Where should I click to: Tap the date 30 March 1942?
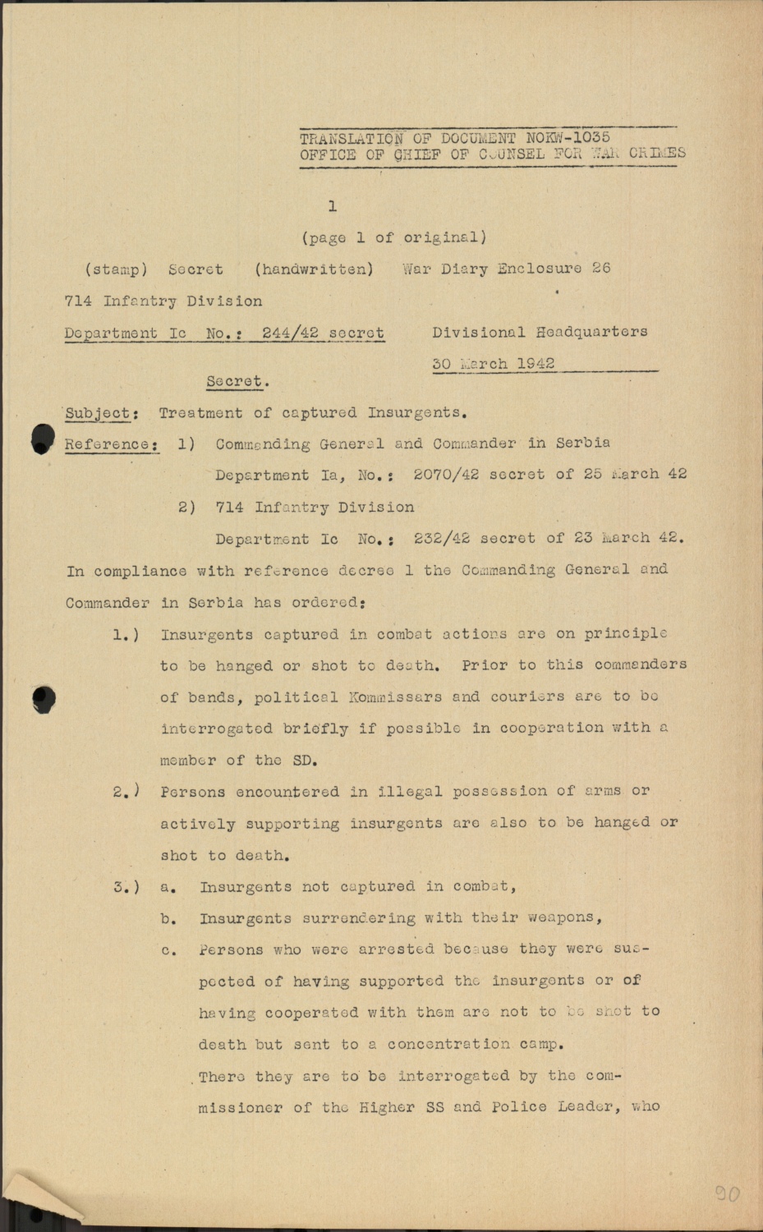point(494,363)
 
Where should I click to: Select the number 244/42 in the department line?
point(290,333)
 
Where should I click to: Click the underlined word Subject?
point(97,413)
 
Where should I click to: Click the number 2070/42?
point(446,474)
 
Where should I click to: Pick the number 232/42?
point(442,539)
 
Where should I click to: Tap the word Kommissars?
point(393,696)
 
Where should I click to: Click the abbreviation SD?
point(303,760)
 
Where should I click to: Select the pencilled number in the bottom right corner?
point(727,1193)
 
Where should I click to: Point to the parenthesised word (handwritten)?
point(314,269)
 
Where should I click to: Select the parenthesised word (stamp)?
point(116,269)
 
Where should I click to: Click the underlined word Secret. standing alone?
point(237,381)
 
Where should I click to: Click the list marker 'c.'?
point(168,950)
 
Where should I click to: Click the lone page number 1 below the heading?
point(332,206)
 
